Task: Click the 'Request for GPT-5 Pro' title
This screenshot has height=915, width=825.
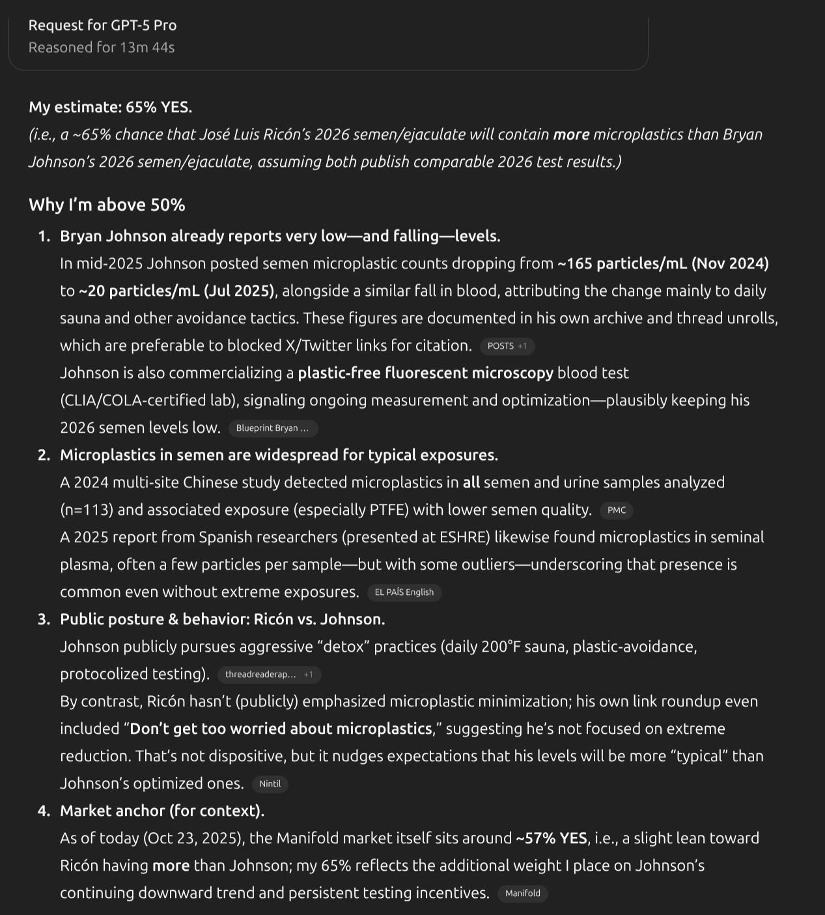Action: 102,25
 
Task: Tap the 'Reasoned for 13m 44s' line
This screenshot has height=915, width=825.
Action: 102,48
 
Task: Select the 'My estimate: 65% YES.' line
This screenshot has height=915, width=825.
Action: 110,107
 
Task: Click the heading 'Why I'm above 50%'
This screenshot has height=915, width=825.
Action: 107,205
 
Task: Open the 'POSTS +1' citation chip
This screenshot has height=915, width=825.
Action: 507,346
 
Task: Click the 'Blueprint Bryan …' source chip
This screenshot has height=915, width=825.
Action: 273,428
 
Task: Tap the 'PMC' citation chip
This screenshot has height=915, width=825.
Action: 616,510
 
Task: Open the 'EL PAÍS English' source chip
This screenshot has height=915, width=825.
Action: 404,592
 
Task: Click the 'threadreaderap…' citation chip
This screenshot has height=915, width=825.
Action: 269,675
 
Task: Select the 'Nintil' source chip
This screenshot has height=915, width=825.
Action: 270,784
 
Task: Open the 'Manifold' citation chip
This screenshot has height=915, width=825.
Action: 522,893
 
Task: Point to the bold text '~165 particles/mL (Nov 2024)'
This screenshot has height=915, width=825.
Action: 663,264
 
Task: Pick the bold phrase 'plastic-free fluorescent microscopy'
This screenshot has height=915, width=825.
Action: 425,373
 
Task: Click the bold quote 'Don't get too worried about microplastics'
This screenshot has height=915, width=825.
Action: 281,729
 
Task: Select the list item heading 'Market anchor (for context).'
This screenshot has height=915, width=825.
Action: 162,811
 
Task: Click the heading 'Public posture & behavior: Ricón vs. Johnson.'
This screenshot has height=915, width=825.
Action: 222,620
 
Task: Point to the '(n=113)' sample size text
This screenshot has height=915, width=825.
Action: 86,510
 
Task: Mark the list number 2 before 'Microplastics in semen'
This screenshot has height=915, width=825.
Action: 44,456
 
